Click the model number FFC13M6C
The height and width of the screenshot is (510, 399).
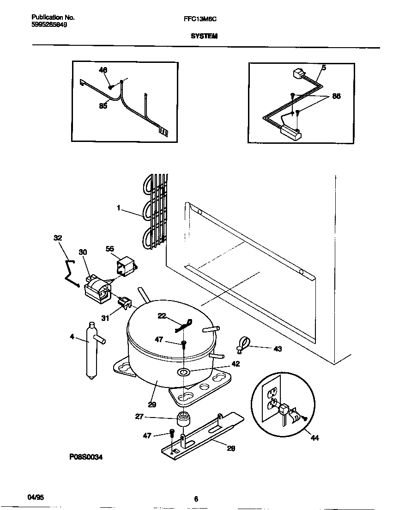(x=200, y=18)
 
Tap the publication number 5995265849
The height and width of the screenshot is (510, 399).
(x=49, y=25)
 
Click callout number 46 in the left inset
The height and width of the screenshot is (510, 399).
(x=103, y=70)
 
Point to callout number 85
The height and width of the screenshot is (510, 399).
(x=103, y=106)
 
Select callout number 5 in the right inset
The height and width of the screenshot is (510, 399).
(x=323, y=68)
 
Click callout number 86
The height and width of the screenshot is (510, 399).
(x=336, y=97)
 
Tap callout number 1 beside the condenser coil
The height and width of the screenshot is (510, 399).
(x=119, y=209)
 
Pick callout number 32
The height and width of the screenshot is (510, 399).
(x=57, y=238)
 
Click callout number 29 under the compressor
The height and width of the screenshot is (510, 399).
(x=152, y=405)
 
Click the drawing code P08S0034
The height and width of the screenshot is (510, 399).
(x=86, y=457)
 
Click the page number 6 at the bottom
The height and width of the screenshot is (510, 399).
(x=196, y=499)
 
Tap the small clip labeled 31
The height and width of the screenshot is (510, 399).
(x=123, y=302)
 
